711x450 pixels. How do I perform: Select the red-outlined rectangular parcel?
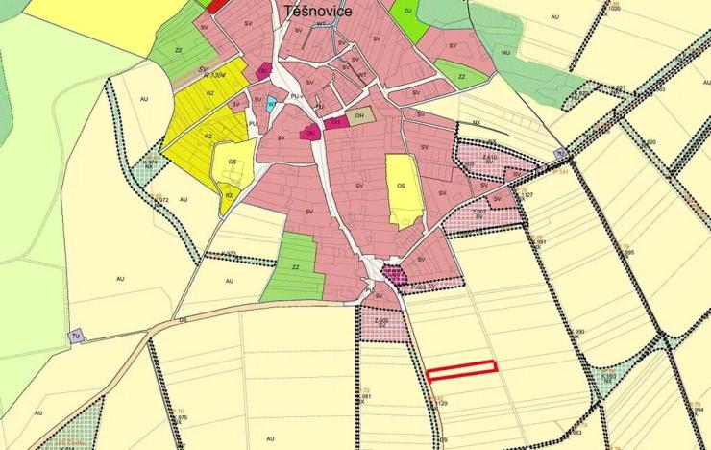(461, 368)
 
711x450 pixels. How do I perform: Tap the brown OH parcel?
(359, 117)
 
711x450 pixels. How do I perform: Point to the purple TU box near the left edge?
(76, 337)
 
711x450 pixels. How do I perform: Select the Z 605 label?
(381, 320)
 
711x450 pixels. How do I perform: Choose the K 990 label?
(578, 332)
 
